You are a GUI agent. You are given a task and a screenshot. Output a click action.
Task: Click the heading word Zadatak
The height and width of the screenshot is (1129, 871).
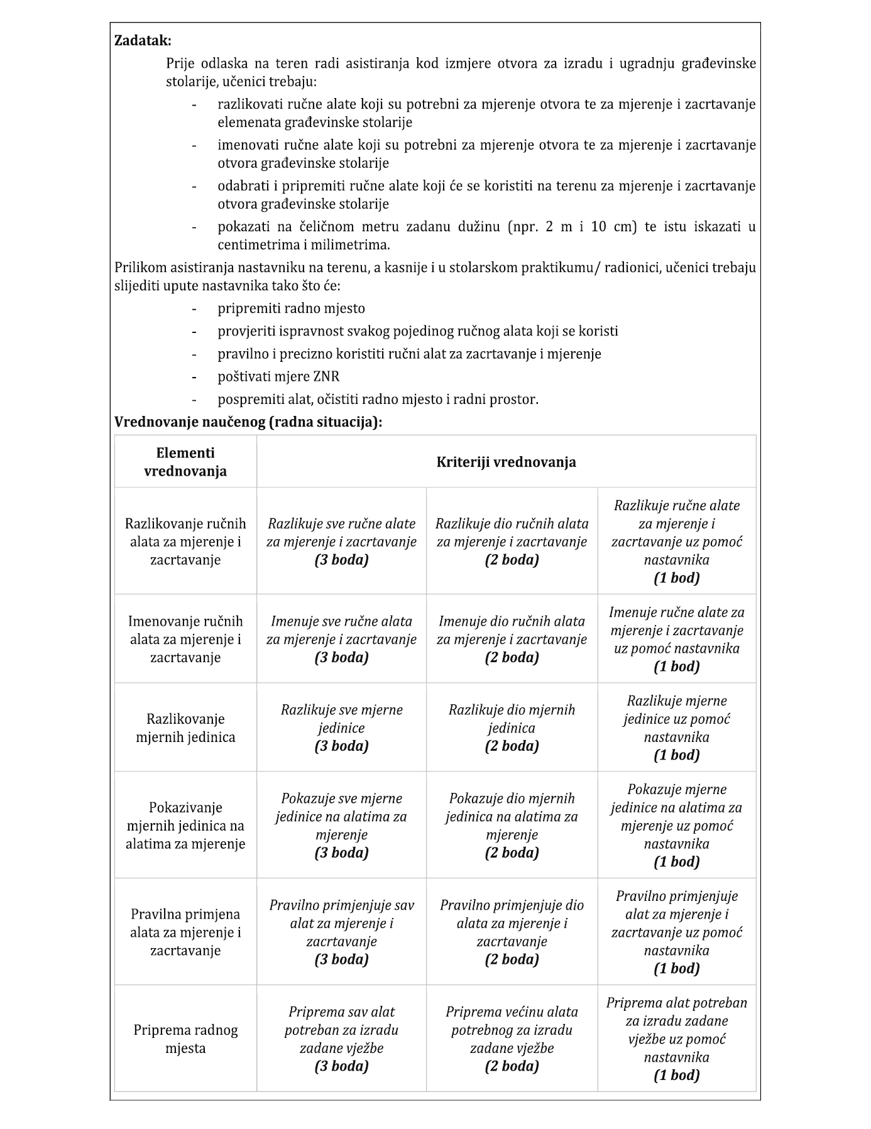click(x=143, y=41)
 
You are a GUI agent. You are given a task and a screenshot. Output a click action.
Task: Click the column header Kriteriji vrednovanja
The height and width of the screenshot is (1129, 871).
click(x=506, y=462)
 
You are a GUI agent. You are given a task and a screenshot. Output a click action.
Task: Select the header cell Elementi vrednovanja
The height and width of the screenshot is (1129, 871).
click(x=185, y=462)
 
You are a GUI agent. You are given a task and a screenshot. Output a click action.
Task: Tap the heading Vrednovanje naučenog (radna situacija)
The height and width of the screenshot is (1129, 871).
click(x=248, y=422)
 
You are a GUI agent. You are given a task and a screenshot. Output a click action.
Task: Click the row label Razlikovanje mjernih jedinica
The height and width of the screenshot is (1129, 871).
click(x=185, y=728)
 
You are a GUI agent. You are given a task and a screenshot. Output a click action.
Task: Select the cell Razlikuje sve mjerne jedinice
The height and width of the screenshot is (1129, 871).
click(x=341, y=728)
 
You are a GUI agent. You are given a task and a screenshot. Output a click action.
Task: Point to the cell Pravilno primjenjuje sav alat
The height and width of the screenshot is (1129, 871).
click(x=341, y=932)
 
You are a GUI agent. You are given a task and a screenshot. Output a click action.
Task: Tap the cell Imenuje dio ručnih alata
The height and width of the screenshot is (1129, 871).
click(x=512, y=639)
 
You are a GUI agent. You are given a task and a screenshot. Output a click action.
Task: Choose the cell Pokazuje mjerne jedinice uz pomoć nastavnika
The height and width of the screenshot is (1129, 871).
click(x=676, y=825)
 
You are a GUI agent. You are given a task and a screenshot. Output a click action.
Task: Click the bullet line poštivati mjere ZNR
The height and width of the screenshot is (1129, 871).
click(x=278, y=376)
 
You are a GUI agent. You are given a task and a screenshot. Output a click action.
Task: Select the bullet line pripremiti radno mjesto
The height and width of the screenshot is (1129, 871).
click(x=291, y=308)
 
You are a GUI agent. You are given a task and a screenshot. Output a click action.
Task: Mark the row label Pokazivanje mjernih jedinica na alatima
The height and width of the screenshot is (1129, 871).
click(x=185, y=825)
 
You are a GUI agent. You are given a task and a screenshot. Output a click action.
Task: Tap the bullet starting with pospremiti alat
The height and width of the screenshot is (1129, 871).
click(x=378, y=399)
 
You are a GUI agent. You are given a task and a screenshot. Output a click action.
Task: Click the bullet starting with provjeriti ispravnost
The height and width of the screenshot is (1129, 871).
click(x=418, y=331)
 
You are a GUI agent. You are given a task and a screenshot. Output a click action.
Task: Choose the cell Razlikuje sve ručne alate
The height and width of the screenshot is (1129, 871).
click(x=341, y=541)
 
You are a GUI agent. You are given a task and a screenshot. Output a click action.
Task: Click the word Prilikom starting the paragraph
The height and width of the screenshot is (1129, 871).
click(x=141, y=268)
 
